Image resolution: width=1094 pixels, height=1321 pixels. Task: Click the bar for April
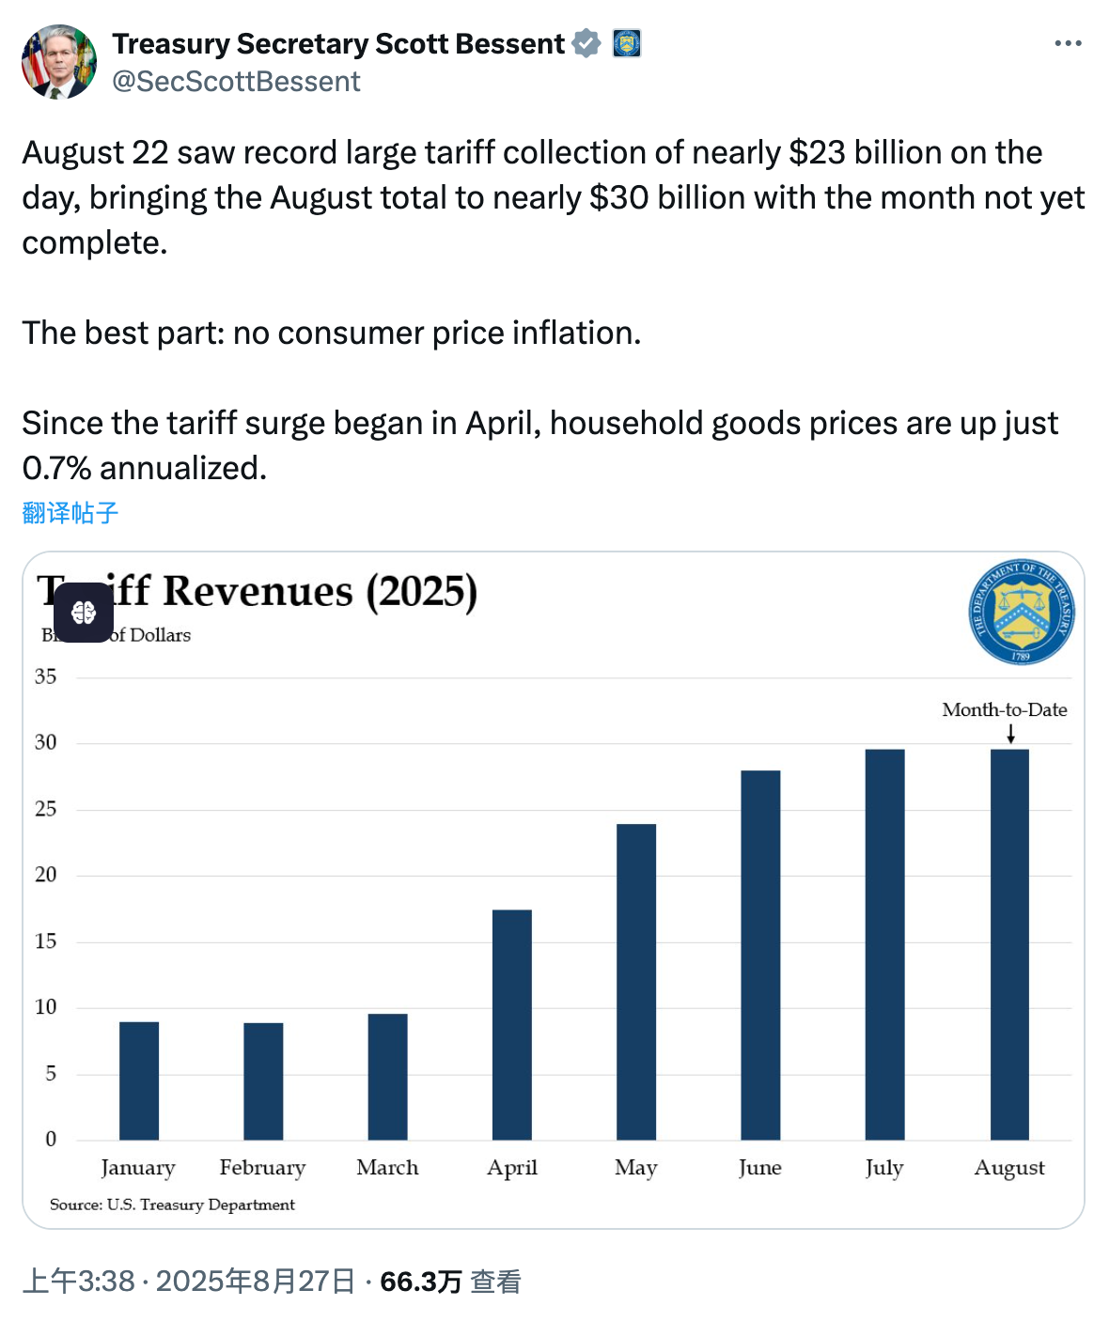[511, 1024]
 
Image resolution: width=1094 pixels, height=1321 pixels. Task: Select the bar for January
[139, 1080]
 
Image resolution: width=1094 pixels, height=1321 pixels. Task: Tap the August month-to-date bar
[1009, 944]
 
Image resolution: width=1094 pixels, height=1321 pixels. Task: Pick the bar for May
[636, 982]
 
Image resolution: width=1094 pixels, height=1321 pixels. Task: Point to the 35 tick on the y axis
[45, 676]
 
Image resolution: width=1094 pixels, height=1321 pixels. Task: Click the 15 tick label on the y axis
[45, 940]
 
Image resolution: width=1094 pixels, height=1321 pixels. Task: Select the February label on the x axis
[262, 1168]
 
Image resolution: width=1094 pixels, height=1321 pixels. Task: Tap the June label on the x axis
[759, 1168]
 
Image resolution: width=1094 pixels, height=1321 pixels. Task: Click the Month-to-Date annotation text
[1004, 709]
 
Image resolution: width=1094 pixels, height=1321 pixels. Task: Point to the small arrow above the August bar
[1010, 734]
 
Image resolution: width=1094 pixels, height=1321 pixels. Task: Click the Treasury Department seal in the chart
[1022, 612]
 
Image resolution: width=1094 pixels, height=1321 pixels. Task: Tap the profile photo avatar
[59, 62]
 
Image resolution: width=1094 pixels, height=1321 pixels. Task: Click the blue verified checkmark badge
[586, 43]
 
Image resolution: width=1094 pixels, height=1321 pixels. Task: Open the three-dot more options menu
[1068, 43]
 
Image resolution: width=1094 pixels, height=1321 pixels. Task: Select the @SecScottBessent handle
[236, 82]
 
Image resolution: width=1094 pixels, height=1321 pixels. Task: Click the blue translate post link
[70, 512]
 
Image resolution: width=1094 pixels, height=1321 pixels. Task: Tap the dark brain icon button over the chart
[84, 613]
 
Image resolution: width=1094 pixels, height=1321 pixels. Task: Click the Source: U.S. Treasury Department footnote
[172, 1204]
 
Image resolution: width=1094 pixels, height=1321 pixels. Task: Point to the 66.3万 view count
[420, 1282]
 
